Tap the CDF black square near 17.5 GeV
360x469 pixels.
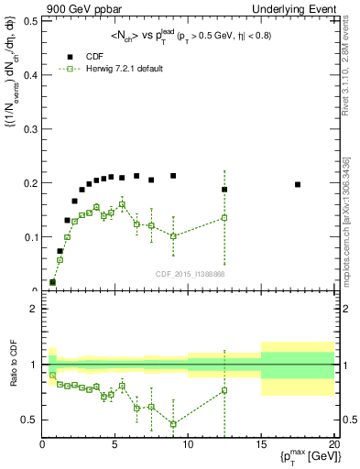pos(298,184)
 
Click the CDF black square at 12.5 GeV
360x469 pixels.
pos(224,190)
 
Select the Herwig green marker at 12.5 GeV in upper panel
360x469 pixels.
pos(224,218)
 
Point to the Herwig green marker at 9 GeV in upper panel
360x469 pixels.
pos(173,236)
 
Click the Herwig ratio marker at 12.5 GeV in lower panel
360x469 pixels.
pos(224,390)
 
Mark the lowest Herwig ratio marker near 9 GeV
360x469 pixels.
pos(173,424)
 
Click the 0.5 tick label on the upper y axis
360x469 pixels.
pos(28,21)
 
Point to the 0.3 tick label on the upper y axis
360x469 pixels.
pos(28,129)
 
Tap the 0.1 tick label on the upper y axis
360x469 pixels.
pos(28,237)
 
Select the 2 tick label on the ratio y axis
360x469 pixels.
pos(33,309)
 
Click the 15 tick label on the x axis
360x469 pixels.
pos(261,444)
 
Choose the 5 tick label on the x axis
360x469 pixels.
pos(115,444)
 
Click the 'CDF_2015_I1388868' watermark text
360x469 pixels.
pos(189,274)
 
